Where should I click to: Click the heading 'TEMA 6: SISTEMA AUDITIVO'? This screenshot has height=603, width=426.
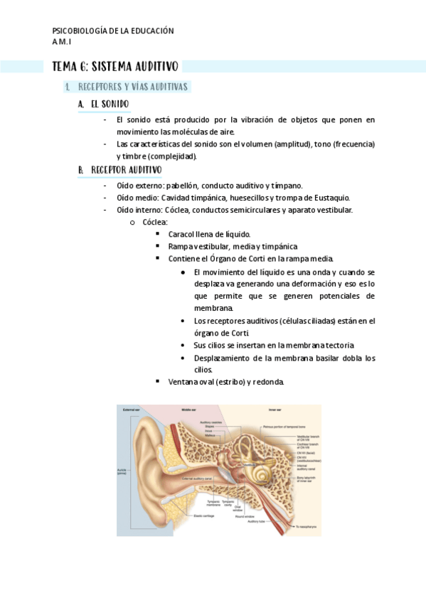tap(115, 67)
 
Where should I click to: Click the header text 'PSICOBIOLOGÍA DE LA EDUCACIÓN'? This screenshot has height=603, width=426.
tap(113, 31)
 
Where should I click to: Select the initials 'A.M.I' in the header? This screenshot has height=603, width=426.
tap(62, 42)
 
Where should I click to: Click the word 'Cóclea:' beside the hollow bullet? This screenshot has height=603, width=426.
tap(155, 222)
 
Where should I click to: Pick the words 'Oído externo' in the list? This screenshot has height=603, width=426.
tap(139, 185)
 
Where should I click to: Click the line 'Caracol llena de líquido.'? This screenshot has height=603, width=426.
tap(209, 234)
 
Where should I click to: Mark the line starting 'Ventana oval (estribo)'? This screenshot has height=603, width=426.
tap(226, 382)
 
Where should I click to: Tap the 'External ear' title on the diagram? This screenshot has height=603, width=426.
tap(130, 410)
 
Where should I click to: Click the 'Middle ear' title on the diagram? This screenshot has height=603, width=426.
tap(189, 410)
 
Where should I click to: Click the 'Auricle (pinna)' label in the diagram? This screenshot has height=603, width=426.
tap(122, 472)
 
